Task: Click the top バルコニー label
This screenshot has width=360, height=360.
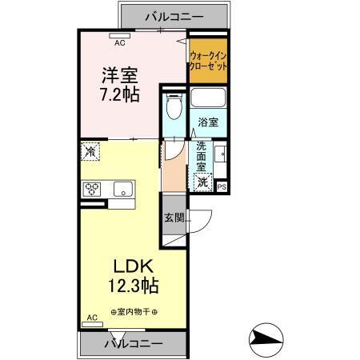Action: [x=174, y=15]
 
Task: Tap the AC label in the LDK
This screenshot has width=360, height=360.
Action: [x=91, y=318]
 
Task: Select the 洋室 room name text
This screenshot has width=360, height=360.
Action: [x=120, y=76]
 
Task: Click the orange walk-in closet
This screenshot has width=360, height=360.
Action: [x=208, y=61]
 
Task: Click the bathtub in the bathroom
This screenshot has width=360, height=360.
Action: [x=210, y=101]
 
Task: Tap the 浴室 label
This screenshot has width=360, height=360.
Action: [x=210, y=123]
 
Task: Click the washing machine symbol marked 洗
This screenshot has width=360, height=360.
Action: [x=203, y=182]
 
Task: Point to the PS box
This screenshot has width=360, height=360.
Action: [x=222, y=187]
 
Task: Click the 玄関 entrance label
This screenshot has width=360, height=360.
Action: [x=174, y=218]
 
